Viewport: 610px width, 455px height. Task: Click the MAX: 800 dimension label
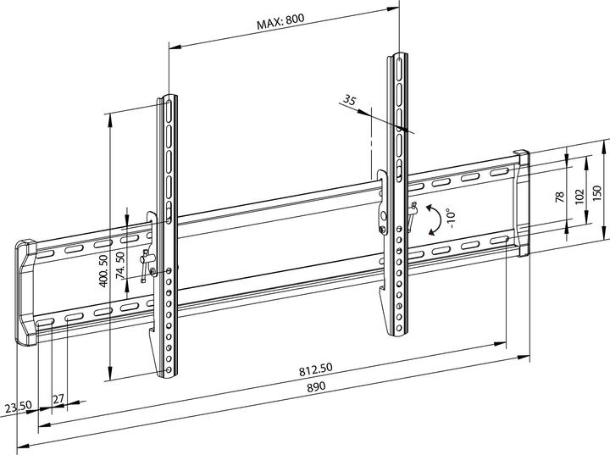tap(280, 24)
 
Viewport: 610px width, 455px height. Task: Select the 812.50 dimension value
tap(314, 370)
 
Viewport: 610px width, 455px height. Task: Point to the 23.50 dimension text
tap(18, 408)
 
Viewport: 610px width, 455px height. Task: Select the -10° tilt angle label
tap(452, 218)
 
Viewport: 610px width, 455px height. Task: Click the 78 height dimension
tap(559, 197)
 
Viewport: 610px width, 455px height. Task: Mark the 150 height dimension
tap(596, 194)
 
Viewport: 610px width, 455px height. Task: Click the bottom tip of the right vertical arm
tap(398, 331)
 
